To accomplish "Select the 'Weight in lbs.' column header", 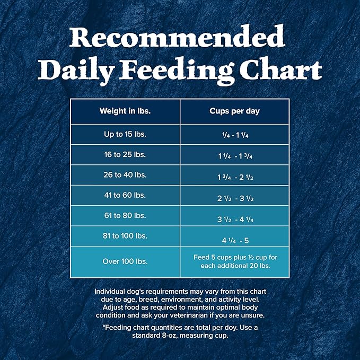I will coord(125,111).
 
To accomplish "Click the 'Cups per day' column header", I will coord(234,111).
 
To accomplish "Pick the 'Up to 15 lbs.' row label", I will coord(125,134).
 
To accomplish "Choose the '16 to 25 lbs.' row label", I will coord(125,155).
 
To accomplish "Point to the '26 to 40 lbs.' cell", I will coord(125,175).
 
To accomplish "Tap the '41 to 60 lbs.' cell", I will coord(125,195).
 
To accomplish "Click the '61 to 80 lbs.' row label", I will coord(125,215).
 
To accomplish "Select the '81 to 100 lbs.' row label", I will coord(125,235).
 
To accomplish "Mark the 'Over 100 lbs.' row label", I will coord(125,261).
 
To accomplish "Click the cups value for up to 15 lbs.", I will coord(234,135).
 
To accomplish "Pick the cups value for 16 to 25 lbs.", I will coord(234,156).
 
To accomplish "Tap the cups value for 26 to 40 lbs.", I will coord(234,177).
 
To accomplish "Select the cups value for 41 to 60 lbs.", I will coord(234,198).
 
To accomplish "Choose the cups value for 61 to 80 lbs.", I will coord(234,218).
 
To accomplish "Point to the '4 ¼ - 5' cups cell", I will coord(234,240).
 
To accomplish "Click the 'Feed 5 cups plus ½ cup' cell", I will coord(234,261).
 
